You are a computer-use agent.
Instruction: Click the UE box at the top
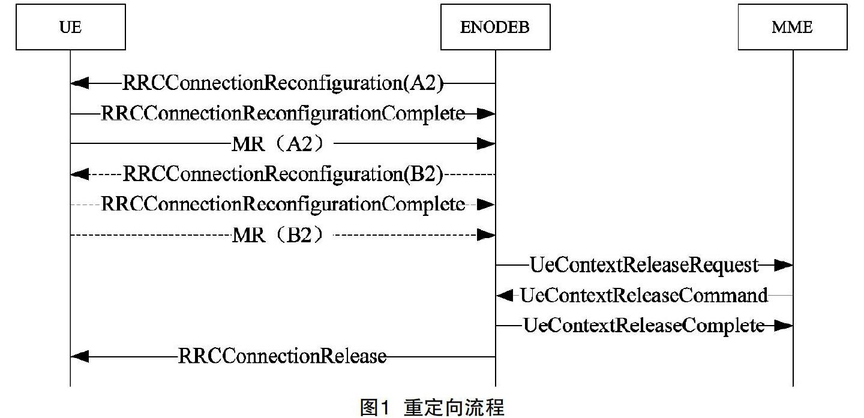[70, 27]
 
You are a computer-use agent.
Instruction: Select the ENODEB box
[495, 27]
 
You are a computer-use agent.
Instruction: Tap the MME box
[792, 27]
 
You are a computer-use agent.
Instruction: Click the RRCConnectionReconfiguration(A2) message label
[283, 83]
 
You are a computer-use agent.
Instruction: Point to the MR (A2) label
[282, 144]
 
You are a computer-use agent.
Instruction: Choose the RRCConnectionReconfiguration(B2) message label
[283, 175]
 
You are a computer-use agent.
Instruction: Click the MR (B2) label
[282, 235]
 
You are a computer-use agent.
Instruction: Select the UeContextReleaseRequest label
[644, 265]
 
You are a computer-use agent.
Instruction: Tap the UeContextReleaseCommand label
[644, 296]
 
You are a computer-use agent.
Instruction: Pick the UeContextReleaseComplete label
[644, 326]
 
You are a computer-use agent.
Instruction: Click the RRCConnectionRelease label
[282, 357]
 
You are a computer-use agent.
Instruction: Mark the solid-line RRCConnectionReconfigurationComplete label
[283, 114]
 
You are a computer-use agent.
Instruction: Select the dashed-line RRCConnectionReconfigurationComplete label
[283, 205]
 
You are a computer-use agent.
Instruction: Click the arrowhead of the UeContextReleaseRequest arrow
[784, 265]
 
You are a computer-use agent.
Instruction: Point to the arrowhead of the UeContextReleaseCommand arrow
[505, 296]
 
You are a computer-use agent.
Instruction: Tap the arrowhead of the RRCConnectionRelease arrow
[79, 357]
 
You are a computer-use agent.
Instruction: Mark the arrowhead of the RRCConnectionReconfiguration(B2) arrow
[79, 175]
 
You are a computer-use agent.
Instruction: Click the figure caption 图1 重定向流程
[432, 407]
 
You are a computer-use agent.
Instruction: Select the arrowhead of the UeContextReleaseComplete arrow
[784, 326]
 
